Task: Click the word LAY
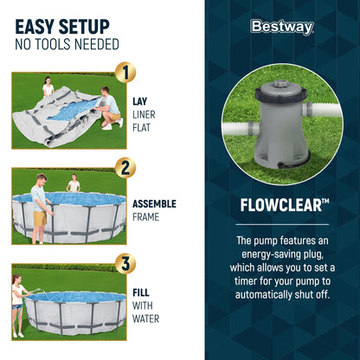click(139, 100)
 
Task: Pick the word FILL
click(140, 292)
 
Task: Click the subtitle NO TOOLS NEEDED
click(67, 44)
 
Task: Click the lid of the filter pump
click(277, 89)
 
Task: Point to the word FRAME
click(145, 218)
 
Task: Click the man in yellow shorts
click(40, 204)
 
